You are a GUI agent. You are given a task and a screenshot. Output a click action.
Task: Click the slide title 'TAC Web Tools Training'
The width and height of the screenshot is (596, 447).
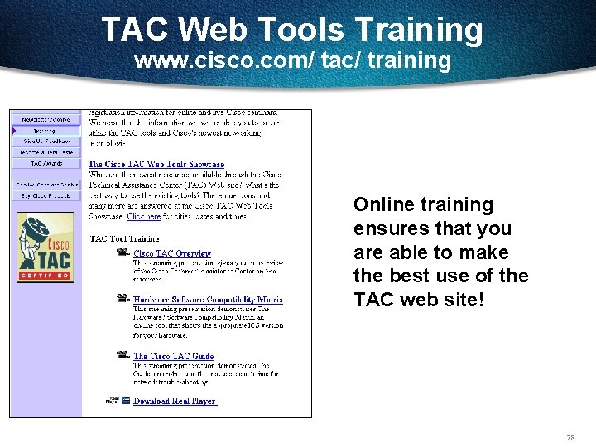(x=292, y=31)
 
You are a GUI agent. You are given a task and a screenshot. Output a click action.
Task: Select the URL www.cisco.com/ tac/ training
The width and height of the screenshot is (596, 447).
(x=292, y=61)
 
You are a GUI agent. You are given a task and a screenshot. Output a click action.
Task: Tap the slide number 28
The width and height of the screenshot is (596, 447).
(x=570, y=437)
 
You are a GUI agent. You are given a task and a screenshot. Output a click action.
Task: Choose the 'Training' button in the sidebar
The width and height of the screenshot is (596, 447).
(x=46, y=131)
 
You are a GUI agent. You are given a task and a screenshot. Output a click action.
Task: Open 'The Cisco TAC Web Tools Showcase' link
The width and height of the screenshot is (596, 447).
(x=156, y=165)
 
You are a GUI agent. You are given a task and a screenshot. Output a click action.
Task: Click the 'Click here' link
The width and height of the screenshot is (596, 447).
(x=143, y=217)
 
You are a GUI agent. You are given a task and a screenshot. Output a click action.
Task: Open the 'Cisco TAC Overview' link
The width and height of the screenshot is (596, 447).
(x=172, y=254)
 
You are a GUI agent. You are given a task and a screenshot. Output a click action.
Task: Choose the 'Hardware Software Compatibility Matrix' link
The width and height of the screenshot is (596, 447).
(x=208, y=300)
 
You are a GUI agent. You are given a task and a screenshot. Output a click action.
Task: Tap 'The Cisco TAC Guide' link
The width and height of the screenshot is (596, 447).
(x=174, y=357)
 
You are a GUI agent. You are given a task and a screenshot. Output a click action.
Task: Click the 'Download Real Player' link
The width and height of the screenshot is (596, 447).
(x=175, y=401)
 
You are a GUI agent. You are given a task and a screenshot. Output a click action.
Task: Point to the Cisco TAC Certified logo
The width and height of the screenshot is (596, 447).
(x=46, y=248)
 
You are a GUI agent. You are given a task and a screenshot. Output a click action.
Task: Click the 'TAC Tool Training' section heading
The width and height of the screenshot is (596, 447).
(x=124, y=239)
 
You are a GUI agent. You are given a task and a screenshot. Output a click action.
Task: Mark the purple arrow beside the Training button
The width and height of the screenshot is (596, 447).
(x=14, y=131)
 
